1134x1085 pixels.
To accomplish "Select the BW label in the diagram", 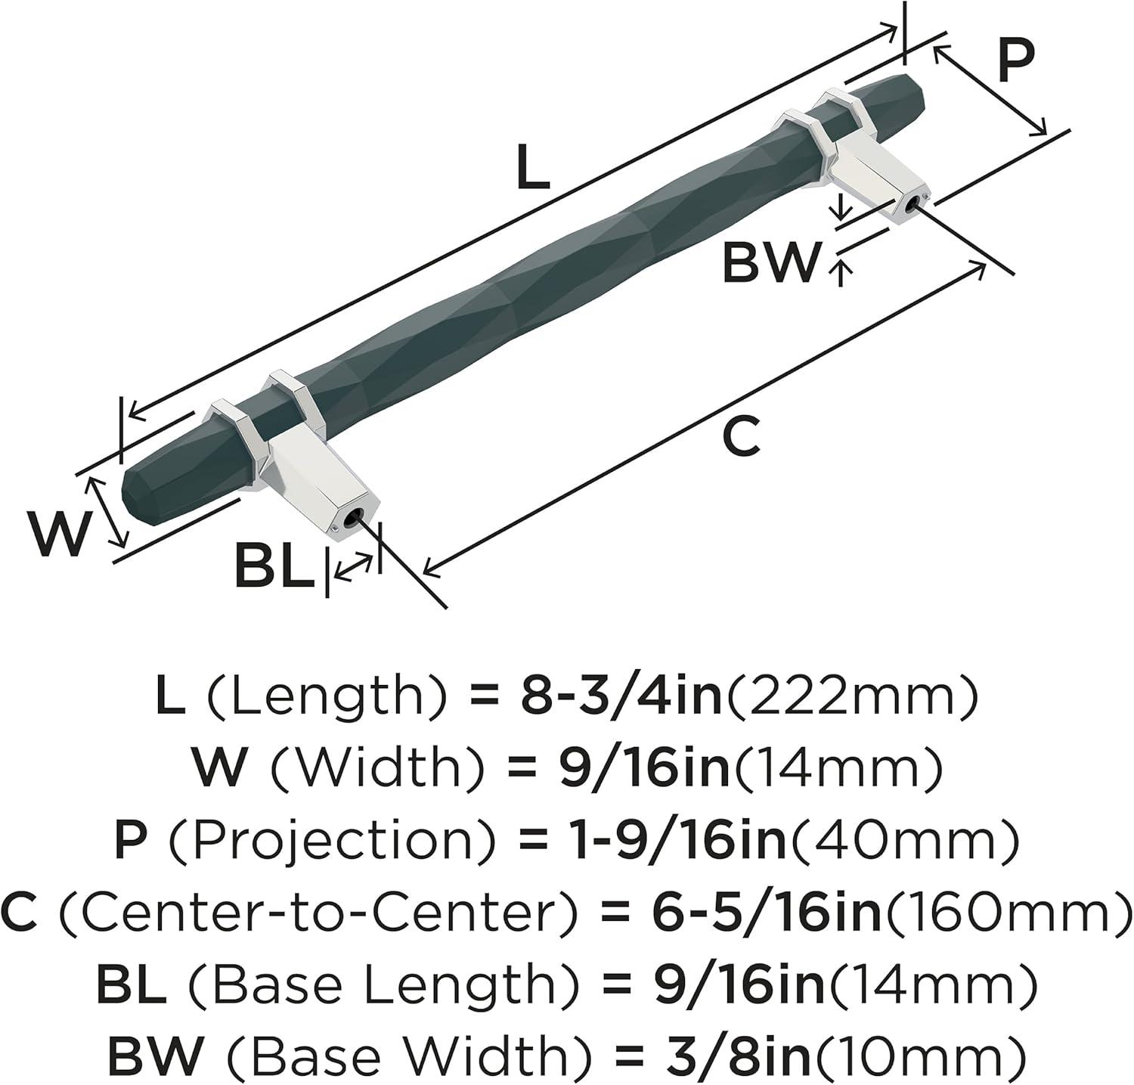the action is [x=770, y=262].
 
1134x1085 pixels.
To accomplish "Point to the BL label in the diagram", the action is [x=274, y=566].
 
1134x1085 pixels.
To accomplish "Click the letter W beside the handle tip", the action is [x=57, y=534].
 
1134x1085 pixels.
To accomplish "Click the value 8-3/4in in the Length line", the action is [x=621, y=698].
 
